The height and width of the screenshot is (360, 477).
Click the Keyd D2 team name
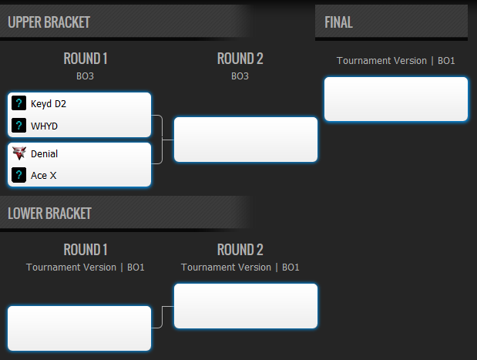click(x=49, y=104)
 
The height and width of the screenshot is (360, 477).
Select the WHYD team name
click(x=44, y=126)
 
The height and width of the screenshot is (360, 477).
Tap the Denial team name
click(x=44, y=153)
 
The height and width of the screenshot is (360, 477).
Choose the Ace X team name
click(x=43, y=176)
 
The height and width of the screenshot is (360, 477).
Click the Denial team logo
click(x=18, y=153)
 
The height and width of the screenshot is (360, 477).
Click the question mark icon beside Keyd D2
click(x=18, y=103)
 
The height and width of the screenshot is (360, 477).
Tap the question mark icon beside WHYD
click(x=18, y=126)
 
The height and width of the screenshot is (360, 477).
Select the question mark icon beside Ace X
click(x=18, y=175)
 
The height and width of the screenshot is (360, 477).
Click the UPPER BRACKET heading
click(x=49, y=22)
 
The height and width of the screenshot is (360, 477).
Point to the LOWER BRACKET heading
click(x=49, y=214)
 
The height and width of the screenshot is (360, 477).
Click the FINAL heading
click(x=338, y=22)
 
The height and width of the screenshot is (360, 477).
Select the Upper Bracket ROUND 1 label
click(x=86, y=59)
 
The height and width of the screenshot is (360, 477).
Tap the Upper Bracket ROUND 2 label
click(x=240, y=59)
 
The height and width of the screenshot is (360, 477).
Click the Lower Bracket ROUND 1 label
click(x=86, y=250)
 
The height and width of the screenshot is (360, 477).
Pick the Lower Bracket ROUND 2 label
click(x=240, y=250)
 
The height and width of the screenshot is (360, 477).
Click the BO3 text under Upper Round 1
click(x=86, y=76)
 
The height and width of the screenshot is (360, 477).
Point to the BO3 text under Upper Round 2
click(x=240, y=76)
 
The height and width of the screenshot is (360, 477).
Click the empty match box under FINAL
click(x=396, y=99)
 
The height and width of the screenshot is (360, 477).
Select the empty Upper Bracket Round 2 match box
click(x=246, y=140)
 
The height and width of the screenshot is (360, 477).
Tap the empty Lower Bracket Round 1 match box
click(x=79, y=328)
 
